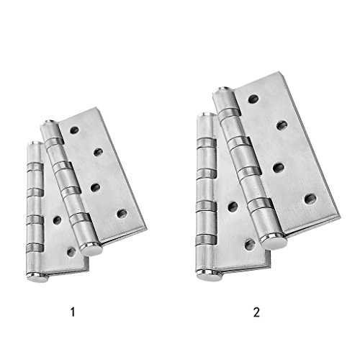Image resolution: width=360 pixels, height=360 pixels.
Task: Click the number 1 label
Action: tap(73, 312)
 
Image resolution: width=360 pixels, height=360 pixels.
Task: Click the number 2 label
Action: tap(256, 312)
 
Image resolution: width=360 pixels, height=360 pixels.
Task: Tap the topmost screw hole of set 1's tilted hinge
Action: tap(74, 130)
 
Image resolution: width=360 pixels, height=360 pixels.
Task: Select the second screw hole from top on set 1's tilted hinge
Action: tap(98, 152)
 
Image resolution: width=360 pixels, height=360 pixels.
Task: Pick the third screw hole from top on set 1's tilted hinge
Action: tap(96, 188)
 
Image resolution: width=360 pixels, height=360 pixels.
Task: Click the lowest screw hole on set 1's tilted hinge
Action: tap(122, 214)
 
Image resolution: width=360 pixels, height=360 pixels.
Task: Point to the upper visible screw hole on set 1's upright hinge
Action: tap(57, 220)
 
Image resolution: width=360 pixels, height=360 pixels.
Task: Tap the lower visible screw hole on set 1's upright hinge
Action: tap(71, 252)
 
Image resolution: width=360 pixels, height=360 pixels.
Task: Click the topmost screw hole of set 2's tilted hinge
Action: tap(253, 99)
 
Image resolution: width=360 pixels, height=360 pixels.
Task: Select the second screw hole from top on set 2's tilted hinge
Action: tap(282, 125)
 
